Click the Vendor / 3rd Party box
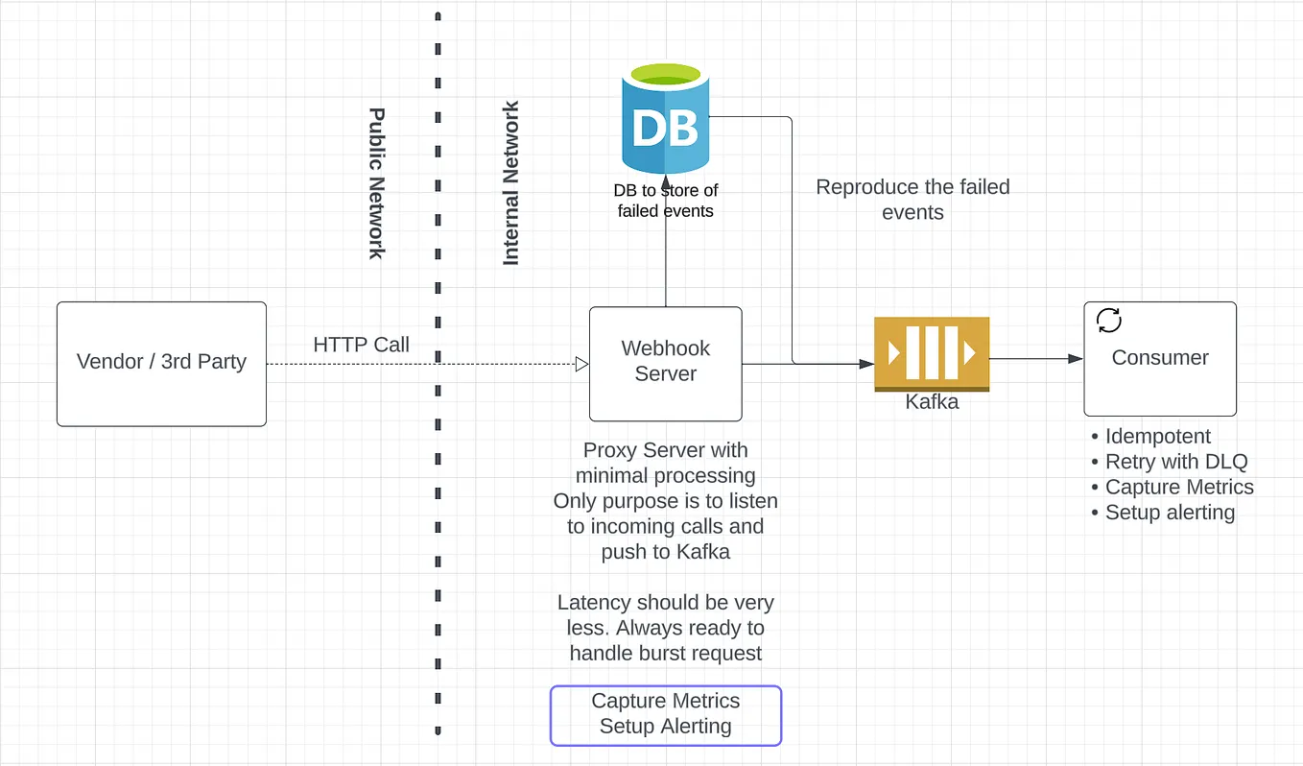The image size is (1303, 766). click(x=161, y=364)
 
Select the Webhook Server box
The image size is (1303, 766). click(x=665, y=363)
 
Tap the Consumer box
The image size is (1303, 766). click(x=1160, y=358)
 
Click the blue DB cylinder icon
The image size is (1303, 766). click(x=664, y=120)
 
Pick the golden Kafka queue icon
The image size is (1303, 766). click(x=931, y=353)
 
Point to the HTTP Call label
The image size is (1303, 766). click(x=361, y=345)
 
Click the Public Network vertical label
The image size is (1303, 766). click(x=376, y=182)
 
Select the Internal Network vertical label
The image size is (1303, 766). click(x=511, y=183)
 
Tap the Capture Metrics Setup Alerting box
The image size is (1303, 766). click(x=665, y=714)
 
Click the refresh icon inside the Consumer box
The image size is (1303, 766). click(x=1108, y=321)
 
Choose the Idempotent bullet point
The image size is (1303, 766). click(x=1157, y=437)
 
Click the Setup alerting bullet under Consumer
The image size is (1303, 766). click(x=1169, y=512)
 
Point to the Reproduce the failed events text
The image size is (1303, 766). click(x=912, y=200)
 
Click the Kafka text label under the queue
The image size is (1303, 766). click(x=932, y=401)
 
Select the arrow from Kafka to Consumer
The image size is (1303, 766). click(x=1036, y=359)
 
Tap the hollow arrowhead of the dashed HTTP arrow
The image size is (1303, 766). click(x=581, y=364)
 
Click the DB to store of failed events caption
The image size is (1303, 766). click(x=665, y=201)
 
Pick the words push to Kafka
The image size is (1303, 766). click(x=665, y=551)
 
